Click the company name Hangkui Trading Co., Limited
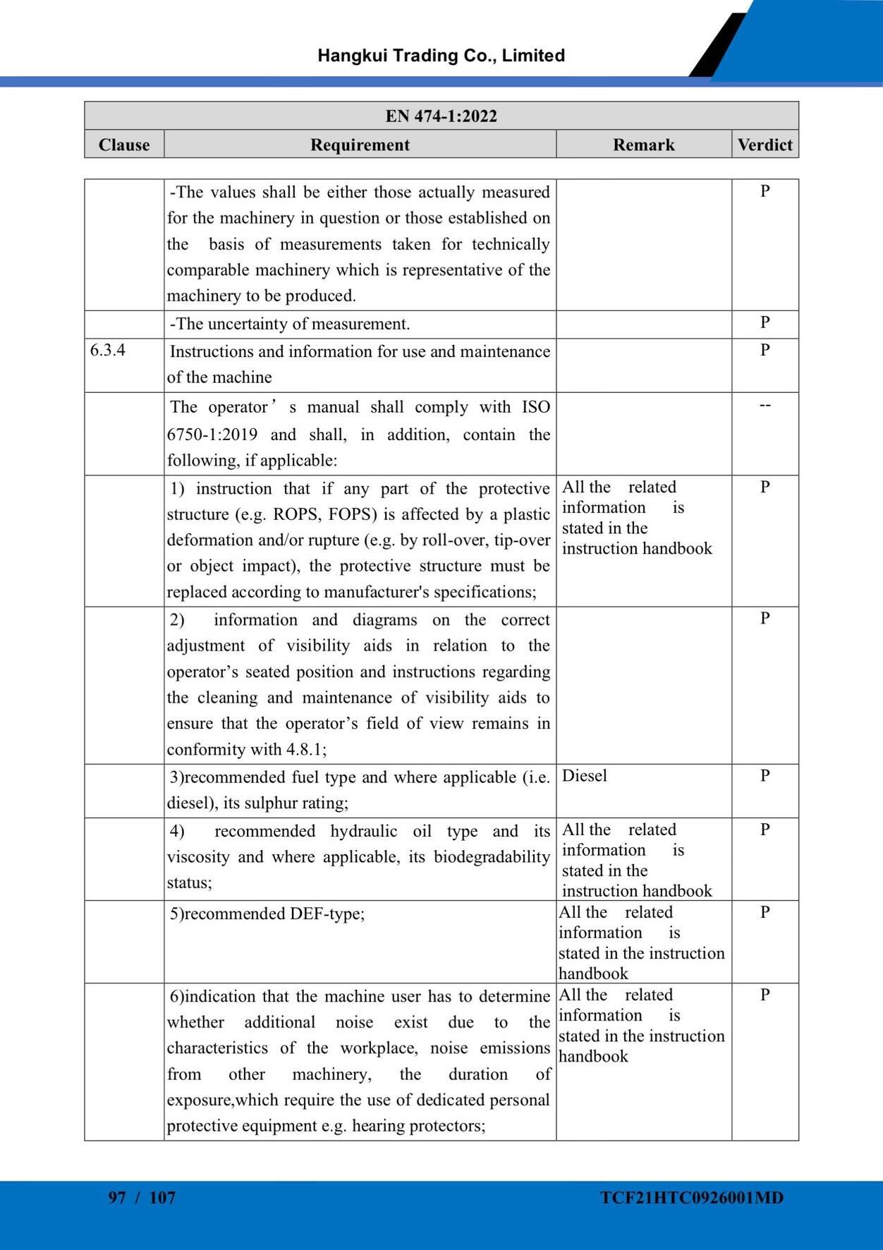tap(441, 56)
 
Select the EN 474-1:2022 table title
tap(441, 116)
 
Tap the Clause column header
tap(124, 145)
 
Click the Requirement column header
tap(360, 145)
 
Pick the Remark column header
tap(643, 145)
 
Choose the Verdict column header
tap(765, 145)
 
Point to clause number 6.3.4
tap(108, 350)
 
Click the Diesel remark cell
tap(585, 776)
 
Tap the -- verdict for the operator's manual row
tap(765, 406)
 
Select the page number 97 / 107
tap(142, 1197)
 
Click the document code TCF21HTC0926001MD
tap(692, 1197)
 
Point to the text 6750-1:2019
tap(212, 435)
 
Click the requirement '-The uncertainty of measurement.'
tap(289, 324)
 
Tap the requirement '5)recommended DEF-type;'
tap(267, 914)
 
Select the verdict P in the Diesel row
tap(765, 776)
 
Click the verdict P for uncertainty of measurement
tap(765, 322)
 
